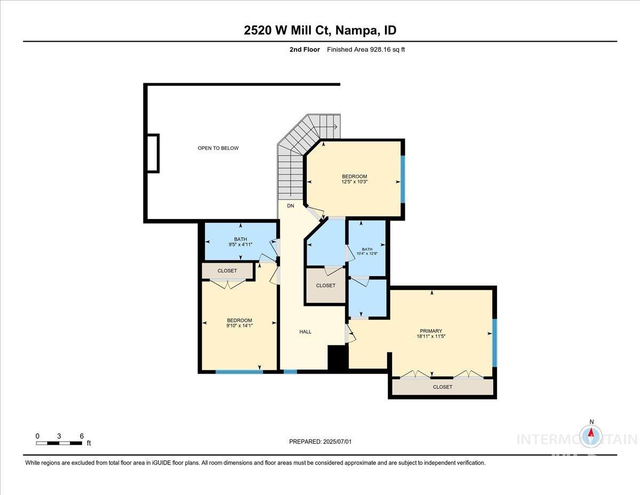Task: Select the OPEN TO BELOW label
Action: (x=218, y=148)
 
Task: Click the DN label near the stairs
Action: (x=291, y=206)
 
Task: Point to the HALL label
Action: (x=305, y=332)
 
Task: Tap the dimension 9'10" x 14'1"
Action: (x=239, y=326)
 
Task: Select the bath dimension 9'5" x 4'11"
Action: (x=240, y=245)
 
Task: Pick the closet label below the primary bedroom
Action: (x=443, y=387)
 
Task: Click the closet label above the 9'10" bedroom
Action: (x=227, y=271)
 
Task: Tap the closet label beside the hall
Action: (x=326, y=286)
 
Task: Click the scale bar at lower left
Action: (x=59, y=443)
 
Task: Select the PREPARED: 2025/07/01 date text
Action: (x=320, y=442)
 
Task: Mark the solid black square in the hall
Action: (x=337, y=358)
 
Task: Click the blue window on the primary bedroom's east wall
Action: (x=494, y=343)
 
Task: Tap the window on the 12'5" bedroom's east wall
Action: (x=403, y=179)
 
